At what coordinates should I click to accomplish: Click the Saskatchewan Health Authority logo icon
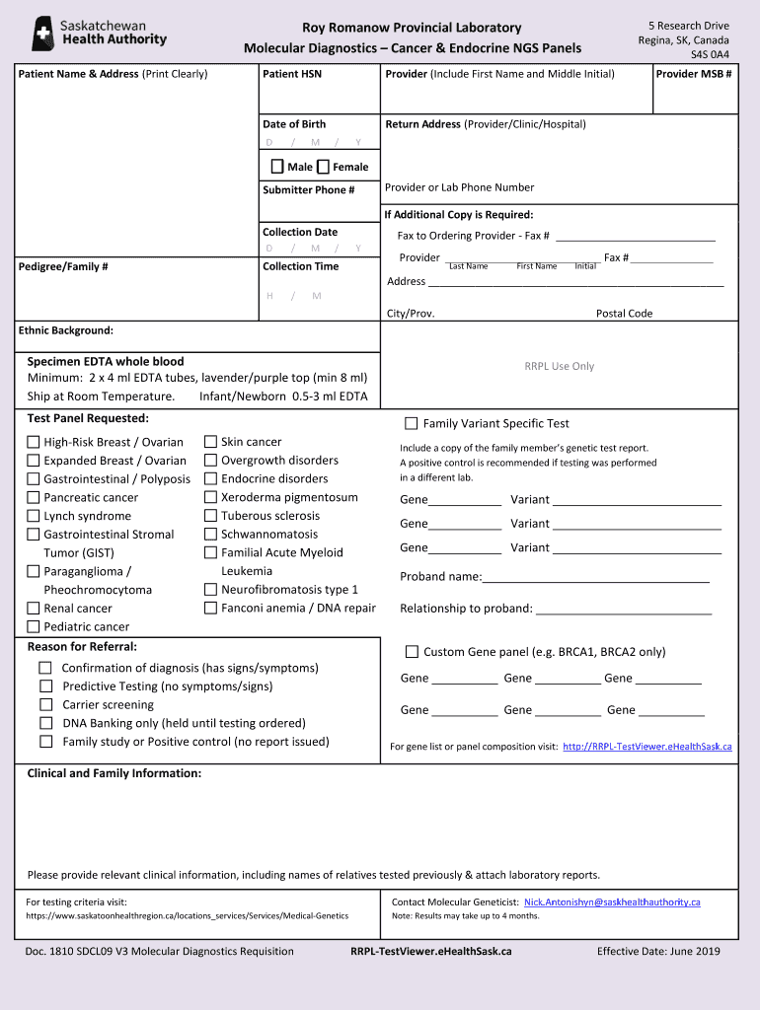(x=43, y=33)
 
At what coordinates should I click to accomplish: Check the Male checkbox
(x=277, y=167)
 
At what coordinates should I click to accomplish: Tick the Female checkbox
(x=323, y=167)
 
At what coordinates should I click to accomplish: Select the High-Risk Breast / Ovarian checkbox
(x=34, y=442)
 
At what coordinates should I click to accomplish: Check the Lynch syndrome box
(x=34, y=516)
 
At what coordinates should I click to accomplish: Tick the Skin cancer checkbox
(x=210, y=442)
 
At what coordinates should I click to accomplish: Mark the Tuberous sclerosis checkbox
(x=210, y=516)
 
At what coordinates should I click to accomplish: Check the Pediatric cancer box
(x=34, y=626)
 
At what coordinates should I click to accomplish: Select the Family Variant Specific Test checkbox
(x=412, y=424)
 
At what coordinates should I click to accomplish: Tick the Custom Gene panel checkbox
(x=412, y=652)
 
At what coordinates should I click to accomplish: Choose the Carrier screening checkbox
(x=45, y=704)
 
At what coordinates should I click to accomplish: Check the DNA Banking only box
(x=45, y=723)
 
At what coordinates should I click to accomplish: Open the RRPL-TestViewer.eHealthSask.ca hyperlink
(x=646, y=747)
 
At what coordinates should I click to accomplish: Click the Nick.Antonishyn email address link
(x=612, y=902)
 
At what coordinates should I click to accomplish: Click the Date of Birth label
(x=294, y=124)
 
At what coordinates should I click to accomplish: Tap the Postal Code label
(x=624, y=314)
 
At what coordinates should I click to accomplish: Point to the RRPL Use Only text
(x=559, y=366)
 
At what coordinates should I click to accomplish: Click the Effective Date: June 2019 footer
(x=658, y=952)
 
